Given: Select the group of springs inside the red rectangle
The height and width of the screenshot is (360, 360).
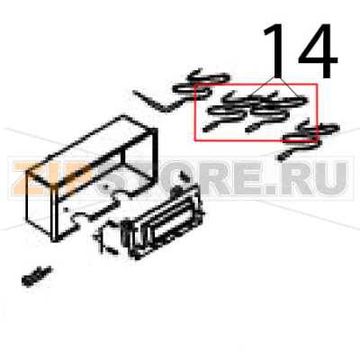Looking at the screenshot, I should (x=255, y=113).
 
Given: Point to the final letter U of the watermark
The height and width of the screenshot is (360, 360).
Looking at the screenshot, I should (x=330, y=181).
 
